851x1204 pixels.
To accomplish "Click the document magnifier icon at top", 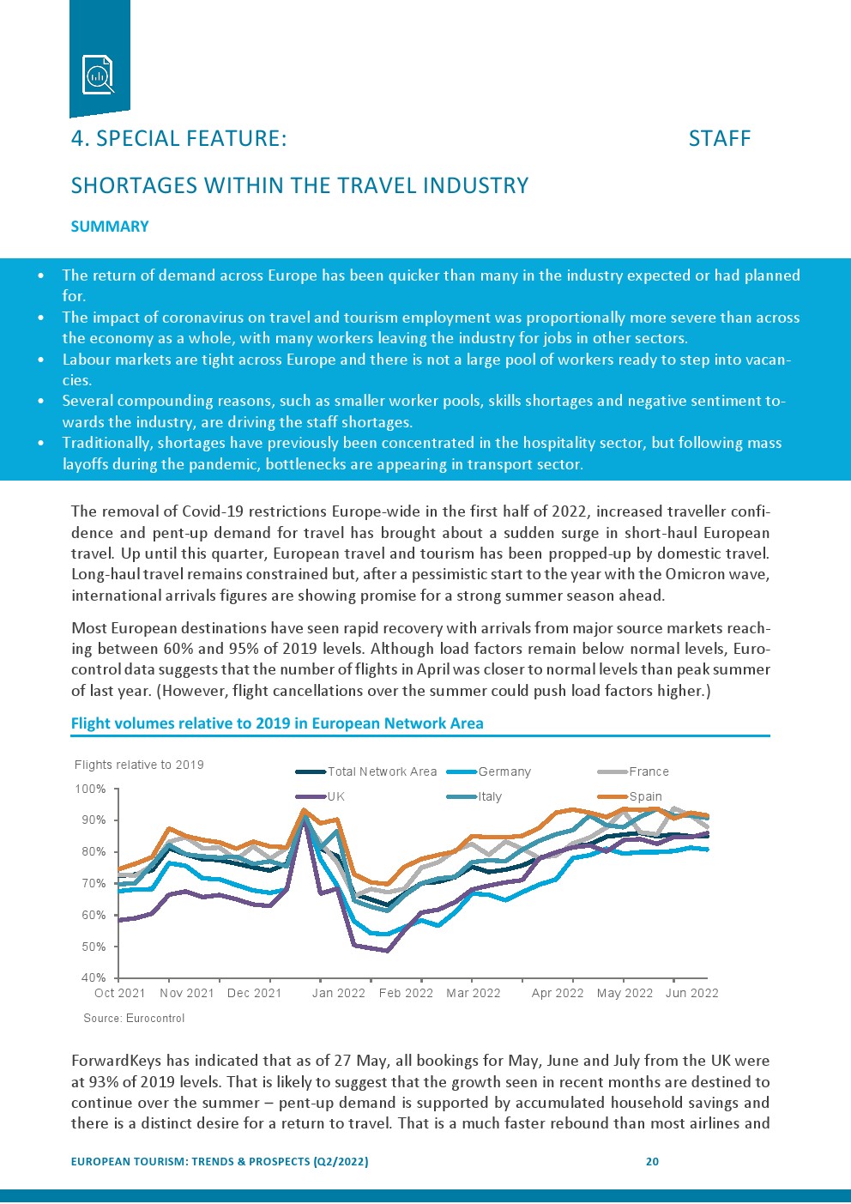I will pos(99,75).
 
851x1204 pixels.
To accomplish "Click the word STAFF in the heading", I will pos(719,139).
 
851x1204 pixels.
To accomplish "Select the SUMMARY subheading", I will pos(110,227).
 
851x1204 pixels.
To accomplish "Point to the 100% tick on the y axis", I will pos(92,789).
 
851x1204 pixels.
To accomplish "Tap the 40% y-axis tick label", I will pos(94,977).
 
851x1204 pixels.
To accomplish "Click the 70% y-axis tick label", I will pos(94,883).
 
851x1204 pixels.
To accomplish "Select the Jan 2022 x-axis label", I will pos(338,993).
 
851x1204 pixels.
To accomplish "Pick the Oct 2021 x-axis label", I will pos(119,993).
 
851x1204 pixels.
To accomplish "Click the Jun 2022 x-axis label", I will pos(691,993).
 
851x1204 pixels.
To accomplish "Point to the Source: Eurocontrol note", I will pos(134,1018).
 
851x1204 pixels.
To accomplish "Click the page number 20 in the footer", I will pos(652,1161).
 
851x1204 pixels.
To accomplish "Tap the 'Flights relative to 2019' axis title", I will pos(139,765).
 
